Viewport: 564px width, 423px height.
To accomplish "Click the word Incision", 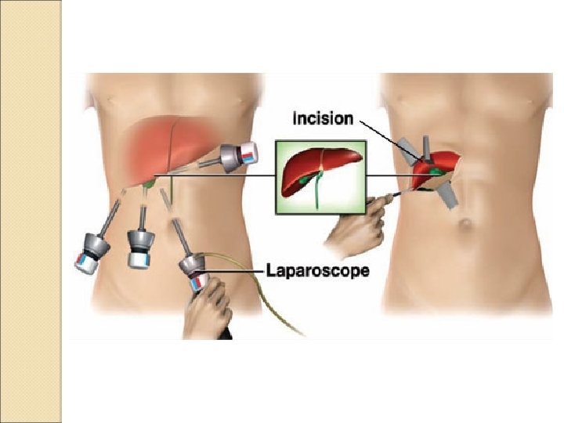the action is point(322,119).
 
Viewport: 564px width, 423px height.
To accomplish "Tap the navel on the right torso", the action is point(465,226).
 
